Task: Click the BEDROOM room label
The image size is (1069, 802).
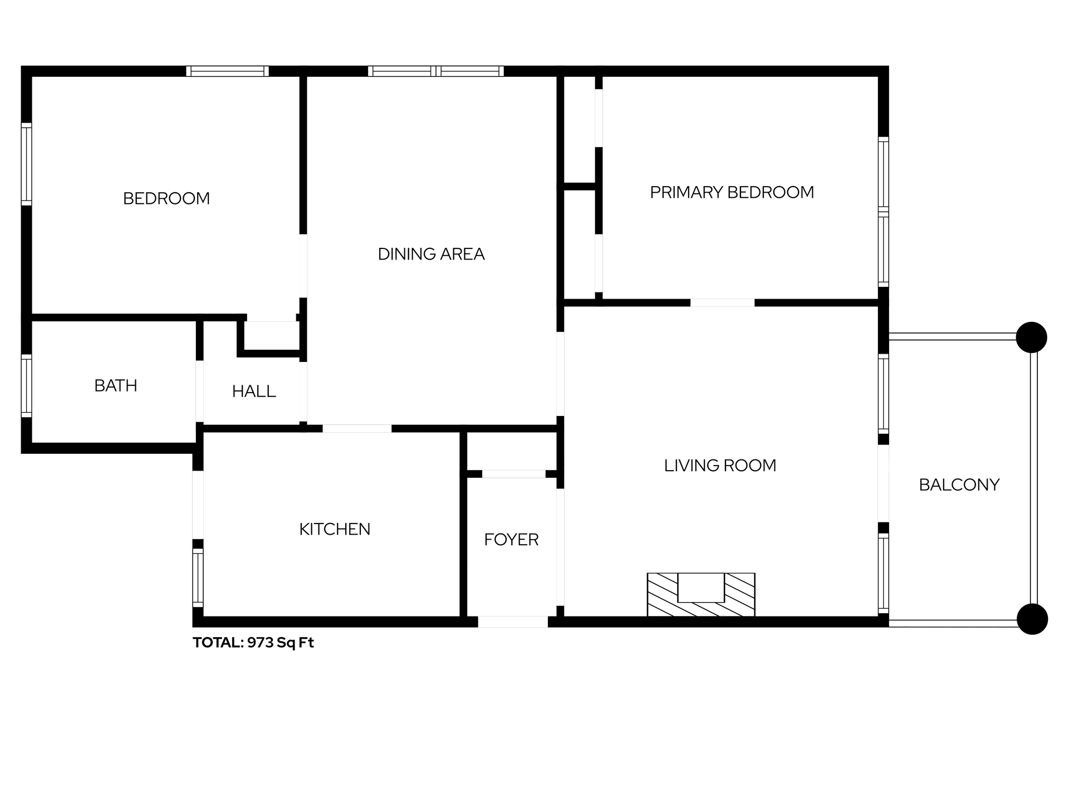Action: coord(166,199)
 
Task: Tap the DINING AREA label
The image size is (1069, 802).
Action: coord(431,255)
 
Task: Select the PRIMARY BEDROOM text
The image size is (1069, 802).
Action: coord(732,193)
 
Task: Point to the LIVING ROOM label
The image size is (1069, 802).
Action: coord(720,466)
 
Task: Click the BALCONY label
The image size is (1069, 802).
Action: coord(959,485)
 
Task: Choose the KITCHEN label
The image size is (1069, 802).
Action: coord(335,529)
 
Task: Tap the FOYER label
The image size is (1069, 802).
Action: coord(511,540)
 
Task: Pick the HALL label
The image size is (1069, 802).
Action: coord(254,392)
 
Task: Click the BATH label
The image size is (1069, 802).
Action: coord(116,386)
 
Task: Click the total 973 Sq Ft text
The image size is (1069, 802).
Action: coord(253,643)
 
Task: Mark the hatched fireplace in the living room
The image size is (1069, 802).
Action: coord(701,595)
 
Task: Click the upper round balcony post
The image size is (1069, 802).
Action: coord(1032,338)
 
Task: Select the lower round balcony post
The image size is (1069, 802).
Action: coord(1032,619)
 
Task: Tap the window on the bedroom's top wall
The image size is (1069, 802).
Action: coord(227,71)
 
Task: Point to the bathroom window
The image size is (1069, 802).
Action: coord(26,386)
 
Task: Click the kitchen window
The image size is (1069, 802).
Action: coord(198,578)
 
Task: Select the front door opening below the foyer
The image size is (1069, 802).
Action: coord(513,622)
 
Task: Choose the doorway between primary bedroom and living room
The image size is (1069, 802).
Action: coord(723,303)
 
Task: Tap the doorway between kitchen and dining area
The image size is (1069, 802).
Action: coord(357,429)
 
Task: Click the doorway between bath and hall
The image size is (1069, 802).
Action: coord(199,392)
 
